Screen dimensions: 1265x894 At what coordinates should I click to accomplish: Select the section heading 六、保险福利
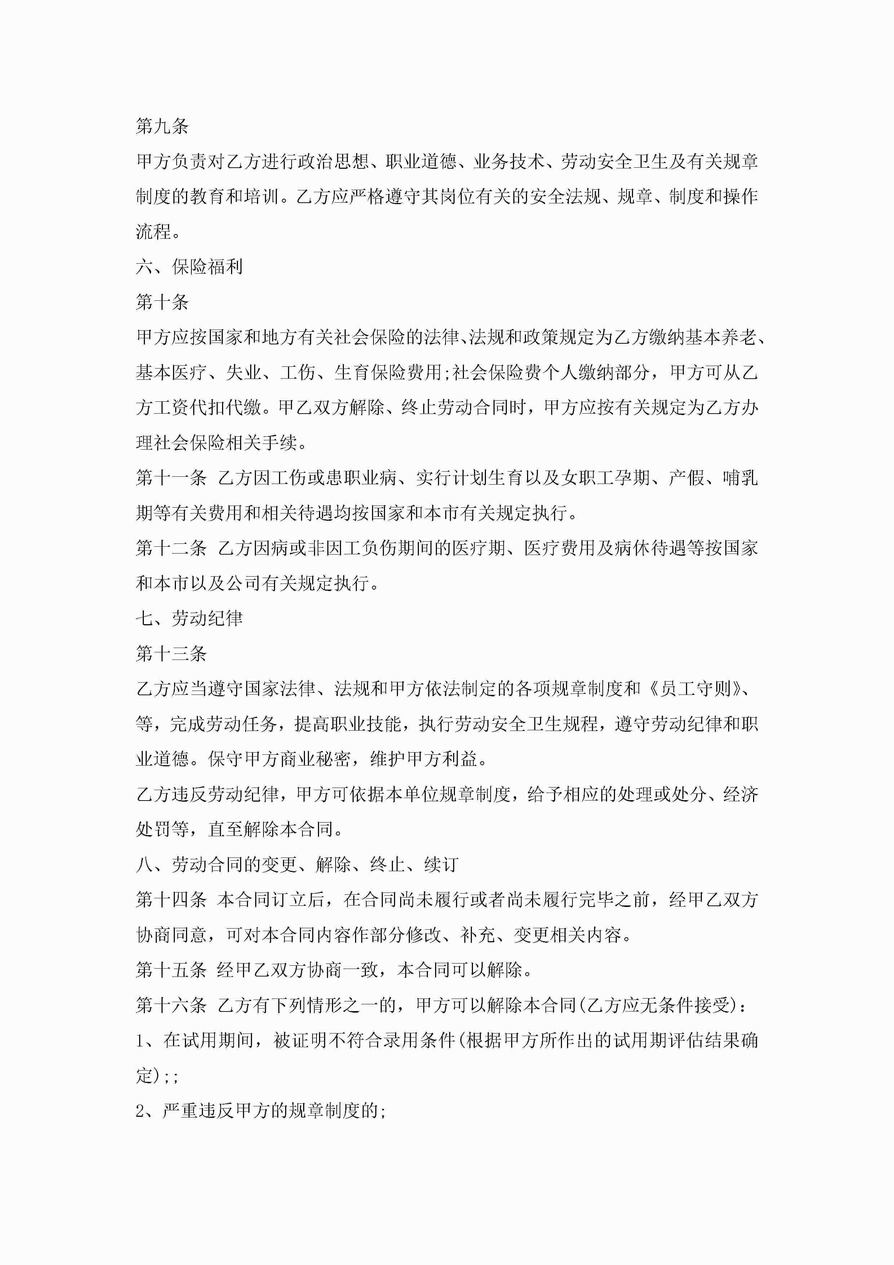pos(189,266)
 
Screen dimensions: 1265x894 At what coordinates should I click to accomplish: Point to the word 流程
pos(154,232)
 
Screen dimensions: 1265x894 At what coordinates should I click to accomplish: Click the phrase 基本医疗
pos(171,373)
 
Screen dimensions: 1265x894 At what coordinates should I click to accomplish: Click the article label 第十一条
pos(171,478)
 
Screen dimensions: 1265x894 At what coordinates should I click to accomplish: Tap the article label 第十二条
pos(171,548)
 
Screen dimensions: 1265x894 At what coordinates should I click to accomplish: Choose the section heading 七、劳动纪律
pos(189,618)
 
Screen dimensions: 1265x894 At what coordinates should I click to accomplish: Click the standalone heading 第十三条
pos(171,653)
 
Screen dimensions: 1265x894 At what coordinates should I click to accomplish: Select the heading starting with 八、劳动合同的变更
pos(297,864)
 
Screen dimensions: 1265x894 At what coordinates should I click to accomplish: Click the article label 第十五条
pos(171,970)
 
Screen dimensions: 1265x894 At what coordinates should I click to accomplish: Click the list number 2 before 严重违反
pos(141,1111)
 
